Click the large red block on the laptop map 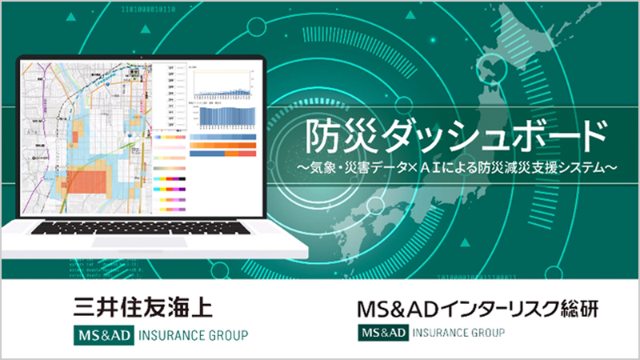[84, 179]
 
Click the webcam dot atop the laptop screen [144, 57]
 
